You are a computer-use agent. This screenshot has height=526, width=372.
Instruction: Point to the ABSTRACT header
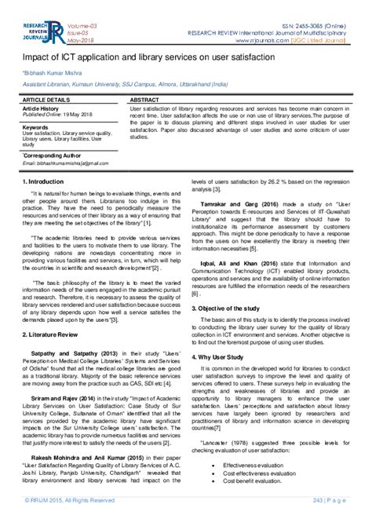(146, 101)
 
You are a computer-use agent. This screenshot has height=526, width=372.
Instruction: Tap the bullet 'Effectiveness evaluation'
(255, 465)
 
